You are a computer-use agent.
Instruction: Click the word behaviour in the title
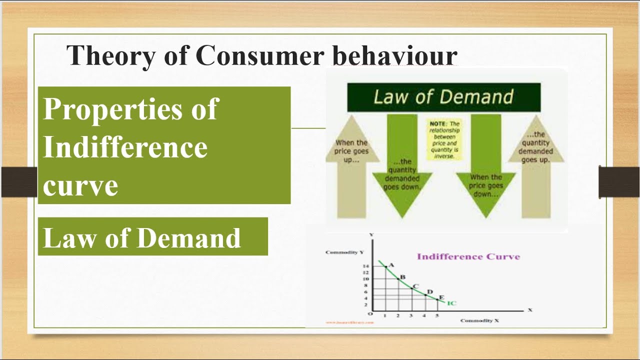(x=395, y=55)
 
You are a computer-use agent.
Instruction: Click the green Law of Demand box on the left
(x=152, y=237)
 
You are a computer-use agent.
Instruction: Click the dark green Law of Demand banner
(x=443, y=97)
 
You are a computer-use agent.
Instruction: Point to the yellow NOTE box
(x=444, y=139)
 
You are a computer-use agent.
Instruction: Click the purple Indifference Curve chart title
(x=468, y=256)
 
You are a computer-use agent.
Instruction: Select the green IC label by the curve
(x=451, y=303)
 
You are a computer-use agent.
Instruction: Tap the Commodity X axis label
(x=479, y=320)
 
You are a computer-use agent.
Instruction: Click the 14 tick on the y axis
(x=365, y=266)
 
